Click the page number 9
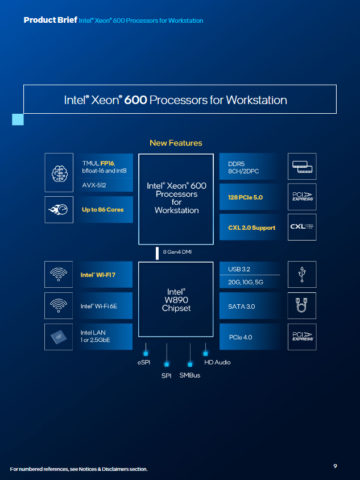tap(335, 466)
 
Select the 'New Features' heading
tap(176, 143)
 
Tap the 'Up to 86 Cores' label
tap(102, 209)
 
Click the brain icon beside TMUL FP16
tap(60, 172)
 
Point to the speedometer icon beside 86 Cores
tap(60, 210)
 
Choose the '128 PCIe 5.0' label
tap(242, 197)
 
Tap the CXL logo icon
tap(302, 227)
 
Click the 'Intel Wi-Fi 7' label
tap(98, 275)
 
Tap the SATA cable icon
tap(302, 307)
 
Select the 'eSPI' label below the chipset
tap(143, 362)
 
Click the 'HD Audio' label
tap(217, 362)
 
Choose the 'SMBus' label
tap(190, 375)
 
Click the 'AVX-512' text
tap(94, 185)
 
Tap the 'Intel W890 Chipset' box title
tap(176, 300)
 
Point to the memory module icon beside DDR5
tap(302, 167)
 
